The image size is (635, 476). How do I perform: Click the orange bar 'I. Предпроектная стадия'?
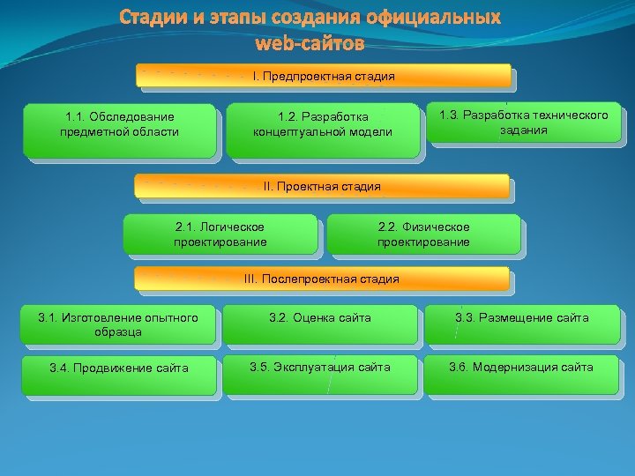(324, 76)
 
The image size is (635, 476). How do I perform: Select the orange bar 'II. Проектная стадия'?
(322, 186)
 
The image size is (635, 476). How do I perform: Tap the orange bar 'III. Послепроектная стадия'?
(322, 279)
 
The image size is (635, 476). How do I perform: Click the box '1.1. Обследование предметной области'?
(120, 130)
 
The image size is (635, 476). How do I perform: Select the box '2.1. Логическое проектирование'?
(220, 234)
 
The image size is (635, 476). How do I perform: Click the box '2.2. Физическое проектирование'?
(423, 234)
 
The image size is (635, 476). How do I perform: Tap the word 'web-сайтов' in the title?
(309, 42)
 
